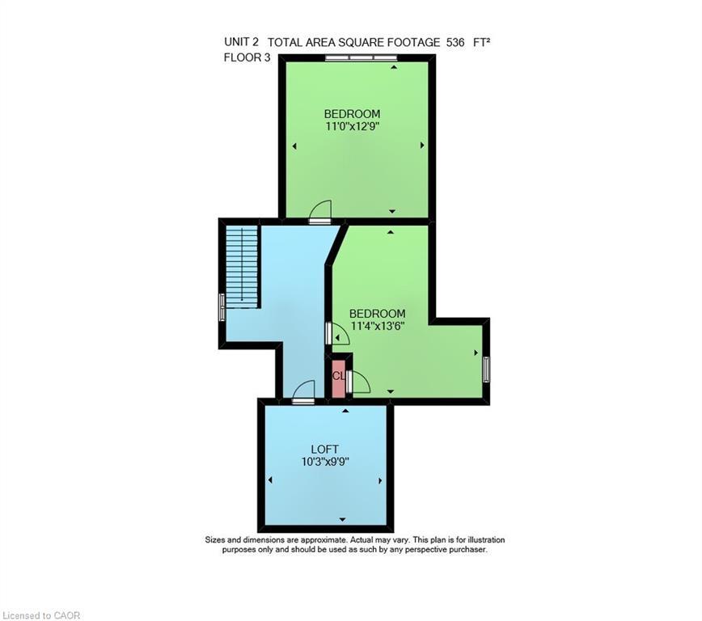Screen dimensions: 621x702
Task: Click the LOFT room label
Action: click(x=324, y=450)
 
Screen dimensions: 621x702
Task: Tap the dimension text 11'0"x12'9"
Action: click(x=353, y=126)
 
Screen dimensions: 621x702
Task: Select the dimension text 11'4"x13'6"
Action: click(x=377, y=326)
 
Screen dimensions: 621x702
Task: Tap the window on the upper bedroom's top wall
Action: click(x=362, y=58)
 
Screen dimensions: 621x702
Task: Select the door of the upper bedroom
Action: click(x=320, y=213)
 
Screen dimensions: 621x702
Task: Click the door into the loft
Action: click(x=303, y=393)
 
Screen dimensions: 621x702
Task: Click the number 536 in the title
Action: click(x=455, y=42)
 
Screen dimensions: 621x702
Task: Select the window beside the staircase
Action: click(x=222, y=307)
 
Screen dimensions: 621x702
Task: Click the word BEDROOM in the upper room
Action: click(x=352, y=114)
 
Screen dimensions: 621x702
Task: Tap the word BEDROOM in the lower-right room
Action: click(x=377, y=314)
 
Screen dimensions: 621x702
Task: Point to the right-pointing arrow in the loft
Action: click(x=379, y=480)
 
